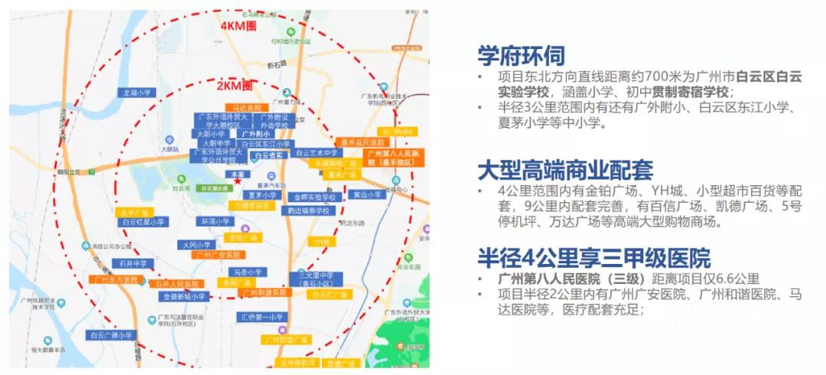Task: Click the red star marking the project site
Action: tap(237, 181)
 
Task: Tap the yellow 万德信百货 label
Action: tap(252, 205)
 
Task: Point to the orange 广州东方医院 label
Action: tap(115, 279)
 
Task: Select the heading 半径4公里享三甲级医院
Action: tap(593, 257)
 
